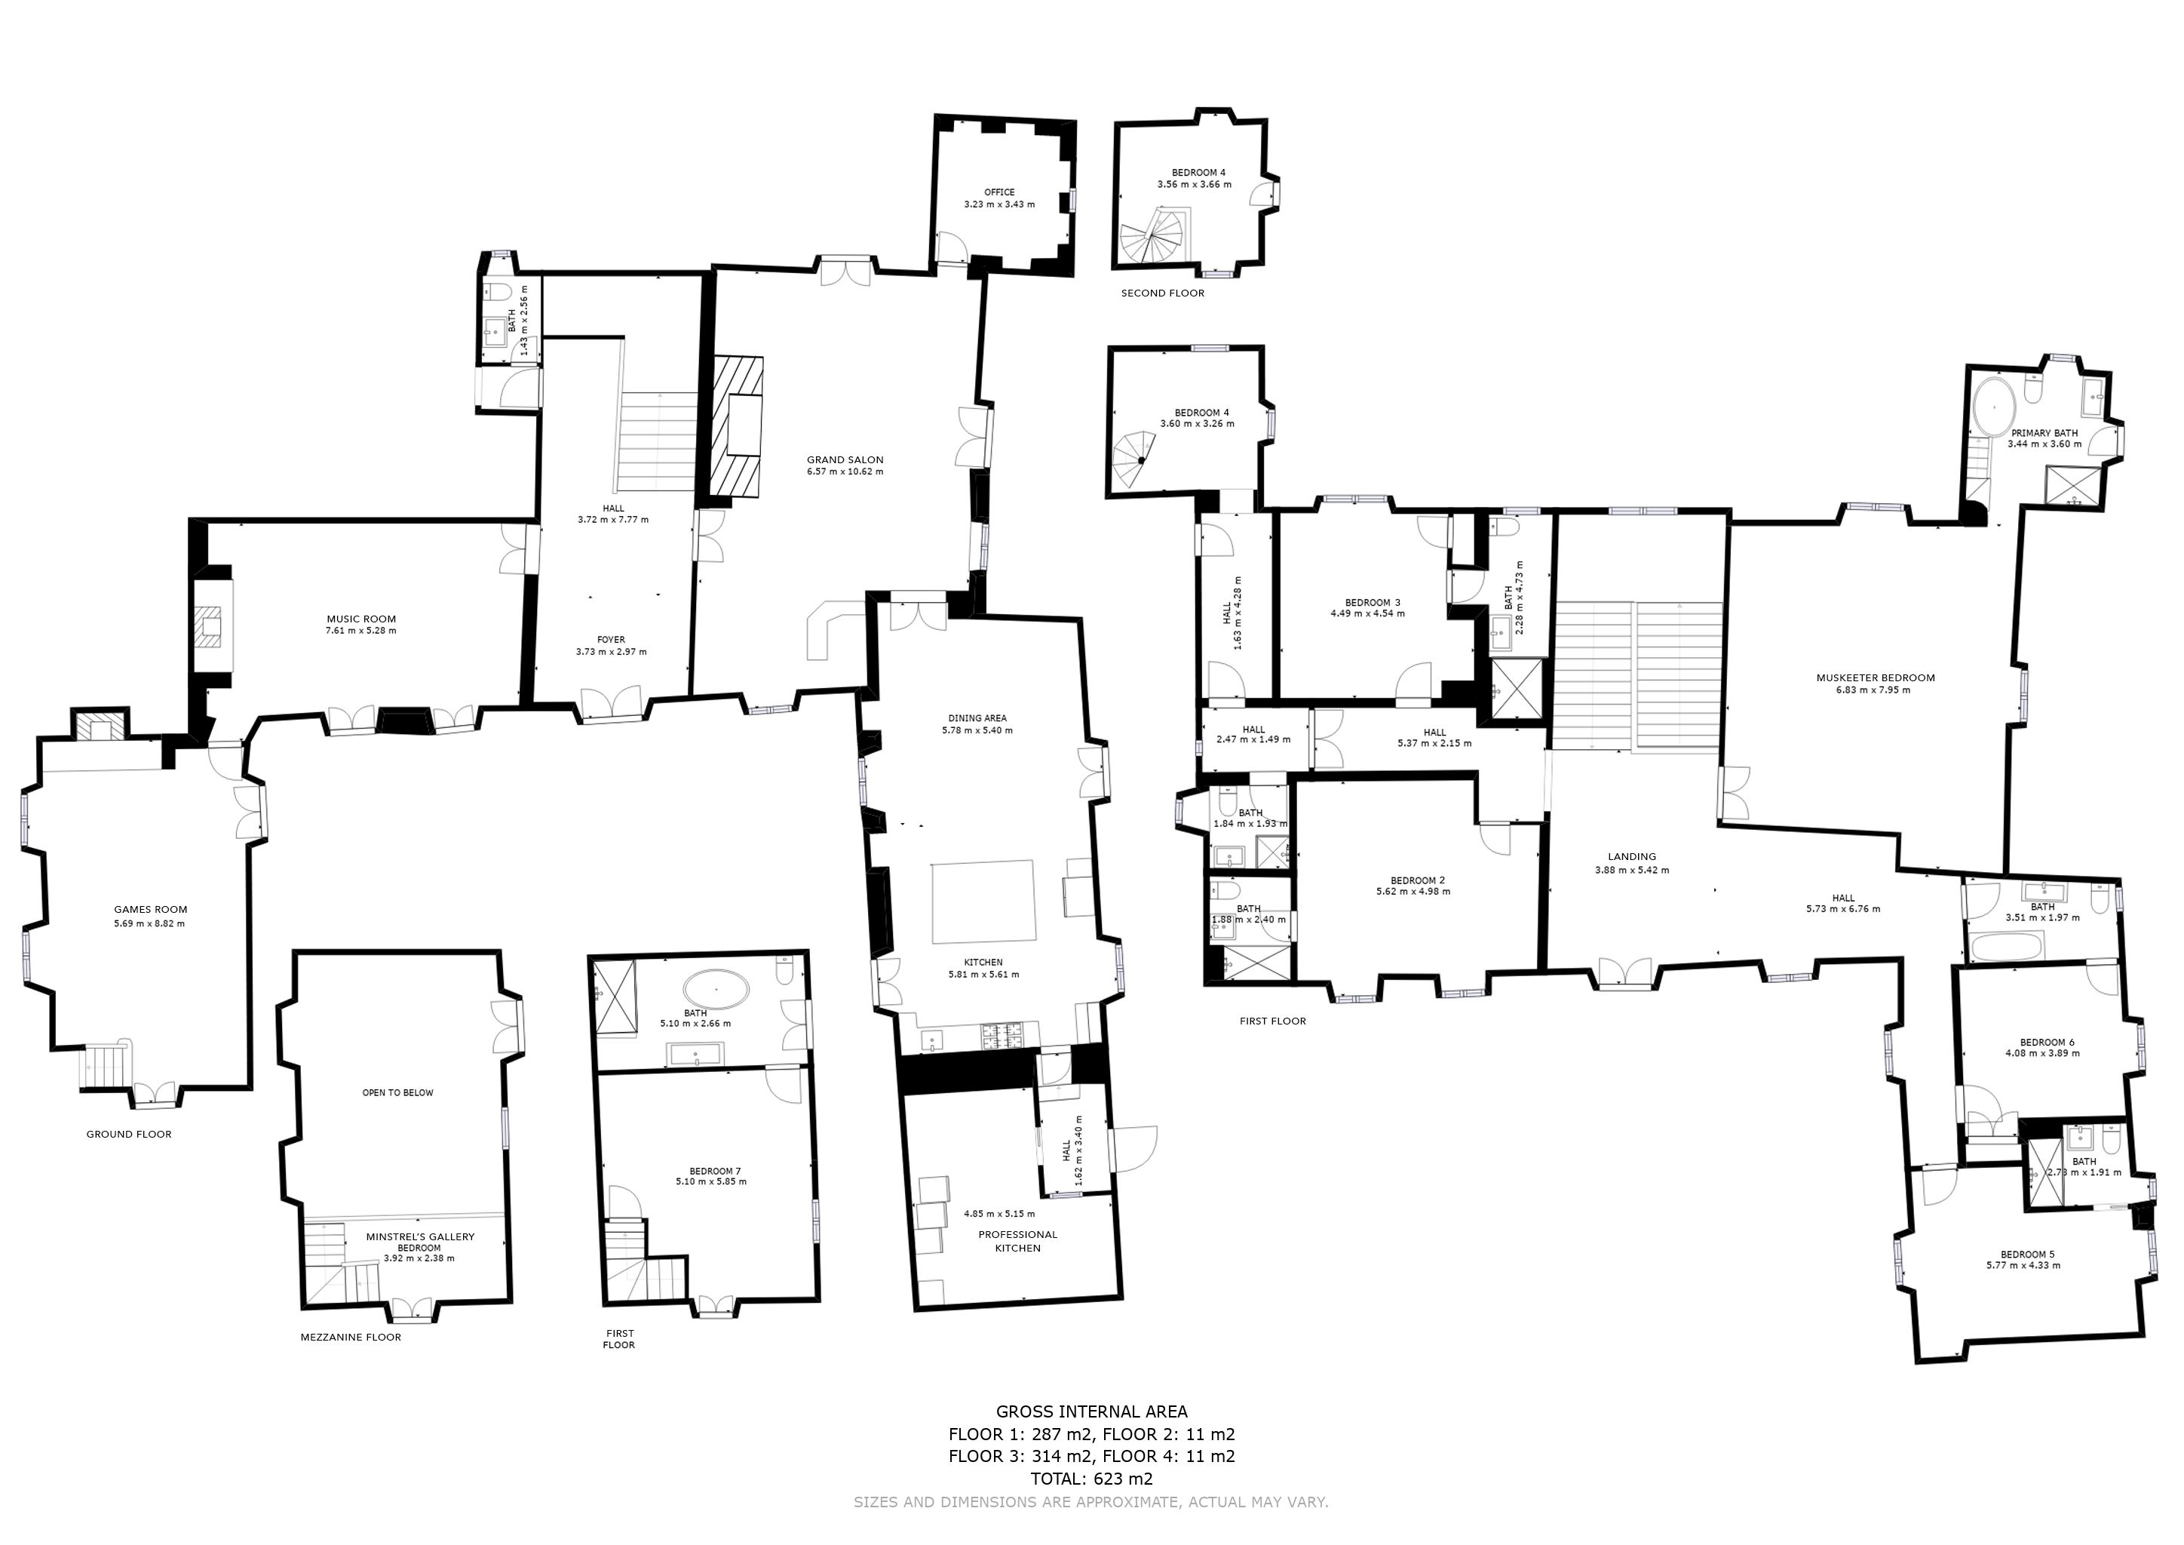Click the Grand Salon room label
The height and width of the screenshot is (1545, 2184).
point(845,459)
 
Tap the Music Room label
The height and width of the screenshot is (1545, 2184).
point(360,619)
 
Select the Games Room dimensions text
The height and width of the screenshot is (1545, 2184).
point(149,923)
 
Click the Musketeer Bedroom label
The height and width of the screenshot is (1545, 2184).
point(1875,677)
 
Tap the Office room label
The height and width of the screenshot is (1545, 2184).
point(998,192)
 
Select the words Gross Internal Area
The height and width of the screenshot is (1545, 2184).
point(1091,1411)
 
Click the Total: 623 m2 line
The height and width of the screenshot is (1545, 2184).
point(1091,1479)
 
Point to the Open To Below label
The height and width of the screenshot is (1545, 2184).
point(397,1092)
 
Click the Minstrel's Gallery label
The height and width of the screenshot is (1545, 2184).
point(419,1236)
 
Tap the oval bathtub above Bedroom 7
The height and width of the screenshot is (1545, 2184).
point(716,990)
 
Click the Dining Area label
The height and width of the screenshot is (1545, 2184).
point(977,718)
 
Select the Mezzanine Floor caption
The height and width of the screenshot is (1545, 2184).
point(350,1337)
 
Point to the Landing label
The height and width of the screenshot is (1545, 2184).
point(1631,856)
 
